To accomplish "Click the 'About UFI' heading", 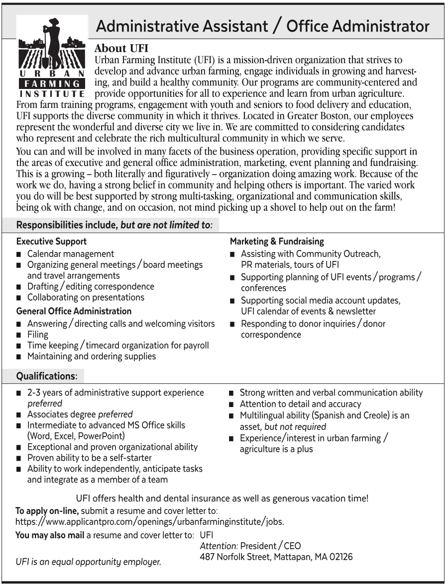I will pyautogui.click(x=121, y=49).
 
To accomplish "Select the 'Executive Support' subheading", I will pyautogui.click(x=52, y=242).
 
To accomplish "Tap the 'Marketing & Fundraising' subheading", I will pyautogui.click(x=277, y=242).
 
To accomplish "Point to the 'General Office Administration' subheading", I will pyautogui.click(x=74, y=311).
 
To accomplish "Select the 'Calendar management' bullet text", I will pyautogui.click(x=71, y=254).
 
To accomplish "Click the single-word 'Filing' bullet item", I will pyautogui.click(x=38, y=335).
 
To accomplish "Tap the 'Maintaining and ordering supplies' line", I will pyautogui.click(x=92, y=356).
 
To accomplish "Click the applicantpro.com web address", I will pyautogui.click(x=150, y=522).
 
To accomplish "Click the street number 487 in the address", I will pyautogui.click(x=207, y=557).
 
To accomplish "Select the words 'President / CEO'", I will pyautogui.click(x=271, y=546).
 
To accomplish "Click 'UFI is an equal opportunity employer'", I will pyautogui.click(x=89, y=563).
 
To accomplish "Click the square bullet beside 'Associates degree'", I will pyautogui.click(x=18, y=415).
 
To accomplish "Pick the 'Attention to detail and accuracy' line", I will pyautogui.click(x=301, y=404).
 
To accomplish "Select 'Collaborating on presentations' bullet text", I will pyautogui.click(x=86, y=298).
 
